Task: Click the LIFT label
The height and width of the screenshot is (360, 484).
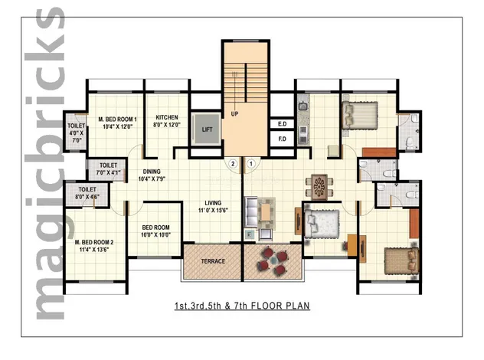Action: [x=207, y=129]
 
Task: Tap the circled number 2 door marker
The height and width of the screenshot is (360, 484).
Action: [x=233, y=163]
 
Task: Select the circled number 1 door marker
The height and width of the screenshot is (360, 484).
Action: [x=251, y=163]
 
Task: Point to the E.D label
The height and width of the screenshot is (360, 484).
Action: [x=282, y=124]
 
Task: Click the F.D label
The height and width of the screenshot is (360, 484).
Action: [x=282, y=139]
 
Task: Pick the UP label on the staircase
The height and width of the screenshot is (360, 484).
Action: [x=234, y=113]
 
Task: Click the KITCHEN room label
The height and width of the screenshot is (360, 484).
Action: [x=167, y=117]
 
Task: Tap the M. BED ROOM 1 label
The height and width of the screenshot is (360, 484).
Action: [x=117, y=119]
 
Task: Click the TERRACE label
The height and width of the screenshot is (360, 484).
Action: [x=213, y=261]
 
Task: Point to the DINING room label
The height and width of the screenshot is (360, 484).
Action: [x=152, y=172]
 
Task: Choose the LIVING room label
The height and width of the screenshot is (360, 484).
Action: [x=213, y=203]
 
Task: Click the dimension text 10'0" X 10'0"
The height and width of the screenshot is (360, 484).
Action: [x=156, y=235]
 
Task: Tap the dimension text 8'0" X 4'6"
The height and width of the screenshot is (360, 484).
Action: [x=87, y=197]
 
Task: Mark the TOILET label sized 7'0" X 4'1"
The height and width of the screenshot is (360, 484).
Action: [x=108, y=165]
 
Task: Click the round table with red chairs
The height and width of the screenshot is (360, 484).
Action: [x=274, y=260]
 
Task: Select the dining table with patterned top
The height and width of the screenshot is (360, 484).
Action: [x=319, y=187]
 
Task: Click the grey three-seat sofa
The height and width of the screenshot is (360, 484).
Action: [x=250, y=212]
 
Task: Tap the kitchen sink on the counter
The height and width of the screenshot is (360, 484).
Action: [x=302, y=106]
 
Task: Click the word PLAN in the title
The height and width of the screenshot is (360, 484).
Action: [x=297, y=306]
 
